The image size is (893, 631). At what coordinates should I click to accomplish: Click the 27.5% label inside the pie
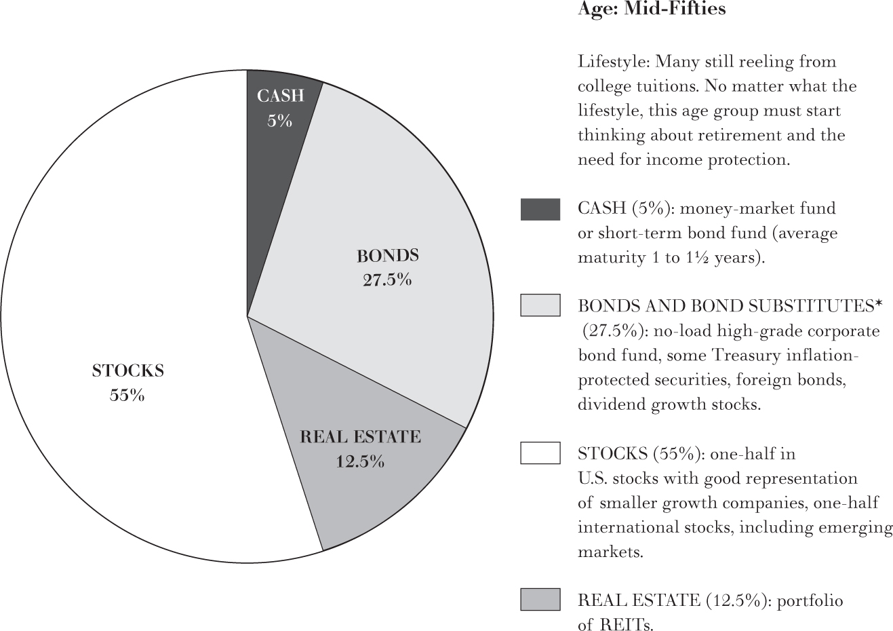click(x=387, y=280)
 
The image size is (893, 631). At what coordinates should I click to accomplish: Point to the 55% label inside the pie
click(x=127, y=395)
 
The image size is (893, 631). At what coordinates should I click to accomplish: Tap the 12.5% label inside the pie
click(x=360, y=462)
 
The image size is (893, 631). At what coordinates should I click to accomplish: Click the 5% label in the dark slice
click(x=279, y=121)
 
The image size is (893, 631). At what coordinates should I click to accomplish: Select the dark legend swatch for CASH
click(x=540, y=209)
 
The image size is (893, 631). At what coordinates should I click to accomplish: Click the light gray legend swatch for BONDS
click(x=540, y=305)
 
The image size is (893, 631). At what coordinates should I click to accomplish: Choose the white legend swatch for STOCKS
click(x=540, y=453)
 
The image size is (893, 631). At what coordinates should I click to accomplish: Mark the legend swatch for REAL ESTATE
click(x=540, y=600)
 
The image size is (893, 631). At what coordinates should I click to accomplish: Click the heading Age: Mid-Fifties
click(x=651, y=9)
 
